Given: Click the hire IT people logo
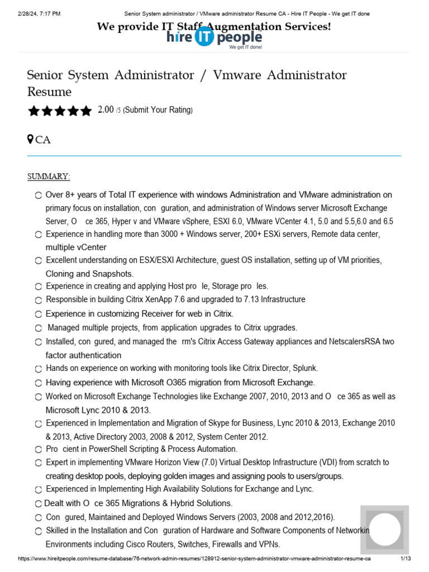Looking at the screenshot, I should click(214, 38).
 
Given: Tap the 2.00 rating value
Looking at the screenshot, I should click(106, 110).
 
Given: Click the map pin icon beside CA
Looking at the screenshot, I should click(31, 139).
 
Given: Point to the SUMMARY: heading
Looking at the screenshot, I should click(49, 177).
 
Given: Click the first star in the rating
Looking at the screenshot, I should click(34, 111).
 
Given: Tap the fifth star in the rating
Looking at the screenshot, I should click(85, 111).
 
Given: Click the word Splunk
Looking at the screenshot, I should click(305, 368).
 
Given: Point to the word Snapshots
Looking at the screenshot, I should click(113, 274).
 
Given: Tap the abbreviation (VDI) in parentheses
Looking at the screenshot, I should click(330, 463).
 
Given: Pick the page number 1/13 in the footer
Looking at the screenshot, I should click(406, 559).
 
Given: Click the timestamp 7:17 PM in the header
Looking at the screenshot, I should click(49, 13).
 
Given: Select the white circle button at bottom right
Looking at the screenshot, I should click(384, 530).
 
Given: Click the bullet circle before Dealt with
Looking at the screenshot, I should click(38, 503).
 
